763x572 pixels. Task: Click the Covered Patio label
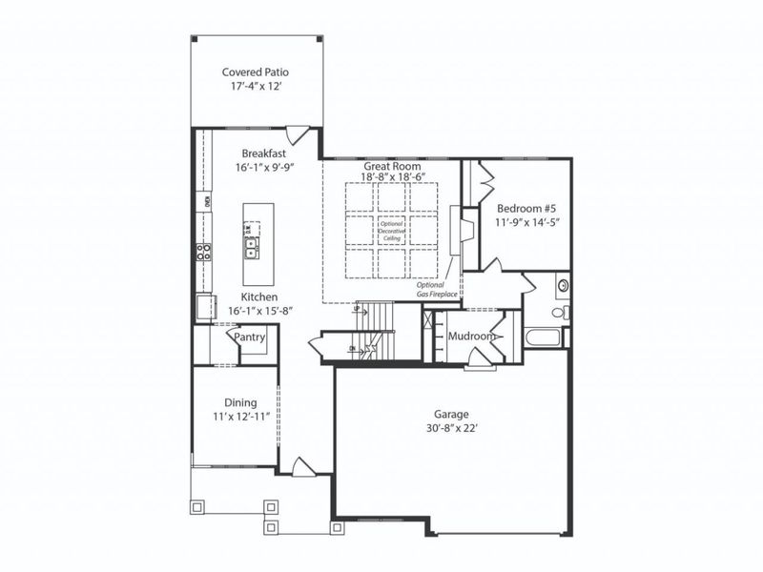click(256, 71)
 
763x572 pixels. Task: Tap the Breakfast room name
click(263, 153)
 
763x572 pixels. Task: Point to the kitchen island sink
click(252, 250)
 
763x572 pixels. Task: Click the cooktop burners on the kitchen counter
click(203, 253)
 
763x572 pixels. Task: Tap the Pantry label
click(250, 337)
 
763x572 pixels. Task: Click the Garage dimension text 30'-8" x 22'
click(452, 429)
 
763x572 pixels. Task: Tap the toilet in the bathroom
click(560, 312)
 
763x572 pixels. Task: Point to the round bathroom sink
click(563, 285)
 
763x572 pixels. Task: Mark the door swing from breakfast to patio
click(297, 135)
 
